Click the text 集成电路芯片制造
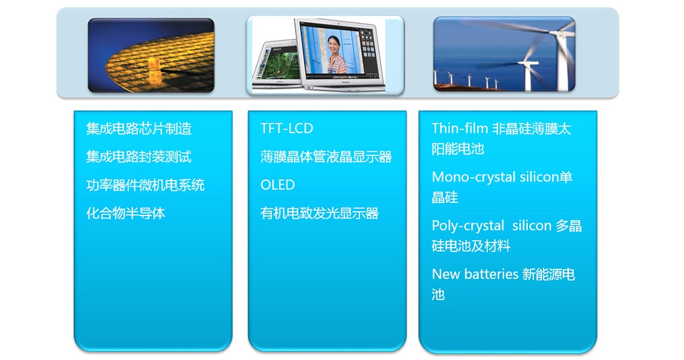[139, 128]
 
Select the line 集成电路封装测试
[139, 157]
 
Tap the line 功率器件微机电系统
[145, 185]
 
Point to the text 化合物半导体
[125, 213]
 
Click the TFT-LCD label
[287, 128]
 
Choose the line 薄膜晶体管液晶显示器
[326, 157]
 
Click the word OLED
[278, 185]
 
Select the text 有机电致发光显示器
[319, 213]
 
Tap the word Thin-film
[459, 128]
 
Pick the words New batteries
[475, 274]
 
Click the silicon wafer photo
[151, 55]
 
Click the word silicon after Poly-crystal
[532, 226]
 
